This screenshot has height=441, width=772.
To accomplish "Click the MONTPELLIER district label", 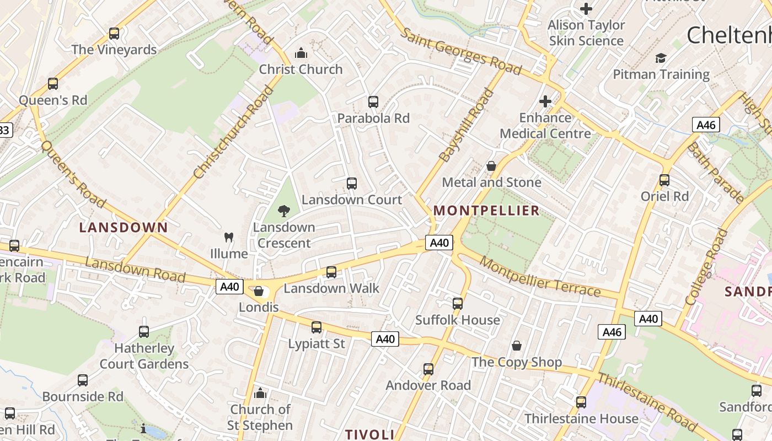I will pos(486,211).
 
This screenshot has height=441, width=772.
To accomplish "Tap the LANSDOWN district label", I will pos(124,228).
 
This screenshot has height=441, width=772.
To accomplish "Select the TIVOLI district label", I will pos(369,434).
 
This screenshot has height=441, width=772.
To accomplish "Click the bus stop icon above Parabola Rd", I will pos(373,102).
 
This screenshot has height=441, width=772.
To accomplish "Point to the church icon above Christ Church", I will pos(301,53).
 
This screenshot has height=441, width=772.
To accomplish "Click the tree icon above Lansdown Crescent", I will pos(284,211).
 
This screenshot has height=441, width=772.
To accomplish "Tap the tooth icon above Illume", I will pos(229,238).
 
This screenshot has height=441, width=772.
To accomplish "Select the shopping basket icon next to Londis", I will pos(259,291).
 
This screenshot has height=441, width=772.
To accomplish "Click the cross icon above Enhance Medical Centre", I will pos(545,101).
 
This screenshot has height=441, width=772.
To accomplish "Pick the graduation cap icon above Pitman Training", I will pos(661,58).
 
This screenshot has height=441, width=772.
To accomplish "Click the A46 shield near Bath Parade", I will pos(706,125).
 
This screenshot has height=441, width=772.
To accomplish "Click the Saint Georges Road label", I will pos(460,51).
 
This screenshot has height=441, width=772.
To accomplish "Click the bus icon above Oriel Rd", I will pos(664,180).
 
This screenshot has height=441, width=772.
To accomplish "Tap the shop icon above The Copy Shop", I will pos(517,346).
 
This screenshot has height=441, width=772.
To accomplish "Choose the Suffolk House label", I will pos(458,320).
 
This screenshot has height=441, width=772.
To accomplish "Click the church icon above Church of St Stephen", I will pos(260,393).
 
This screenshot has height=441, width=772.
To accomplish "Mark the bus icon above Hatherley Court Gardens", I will pos(144,332).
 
